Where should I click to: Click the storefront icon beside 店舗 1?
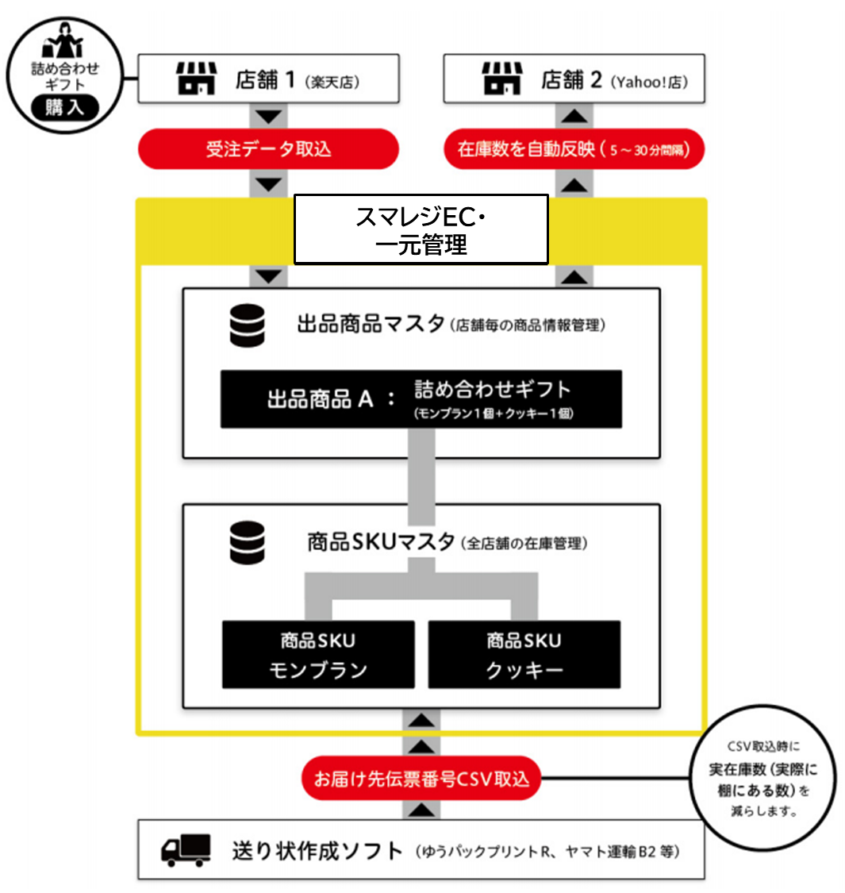[195, 79]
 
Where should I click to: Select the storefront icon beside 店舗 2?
[501, 79]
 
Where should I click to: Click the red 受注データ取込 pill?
[268, 149]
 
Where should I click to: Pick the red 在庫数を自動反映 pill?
[574, 149]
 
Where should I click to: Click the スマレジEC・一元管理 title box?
[421, 229]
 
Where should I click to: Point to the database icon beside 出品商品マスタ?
[247, 325]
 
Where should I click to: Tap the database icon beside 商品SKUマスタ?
[247, 543]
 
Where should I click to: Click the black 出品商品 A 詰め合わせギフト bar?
[421, 398]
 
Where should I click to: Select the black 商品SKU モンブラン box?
[318, 655]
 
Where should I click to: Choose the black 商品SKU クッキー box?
[524, 655]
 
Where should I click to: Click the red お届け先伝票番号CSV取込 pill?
[421, 778]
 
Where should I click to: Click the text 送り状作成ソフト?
[317, 851]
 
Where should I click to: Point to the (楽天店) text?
[332, 82]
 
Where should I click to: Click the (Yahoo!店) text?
[650, 82]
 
